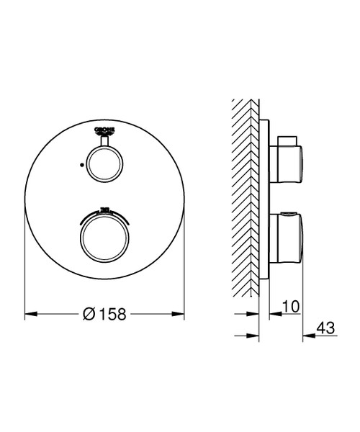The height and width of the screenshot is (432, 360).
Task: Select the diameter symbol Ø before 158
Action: point(89,314)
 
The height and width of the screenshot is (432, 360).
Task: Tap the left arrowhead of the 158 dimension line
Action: point(30,314)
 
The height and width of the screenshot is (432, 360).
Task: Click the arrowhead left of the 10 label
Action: point(273,314)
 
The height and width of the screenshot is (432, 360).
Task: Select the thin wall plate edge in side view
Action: point(266,194)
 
